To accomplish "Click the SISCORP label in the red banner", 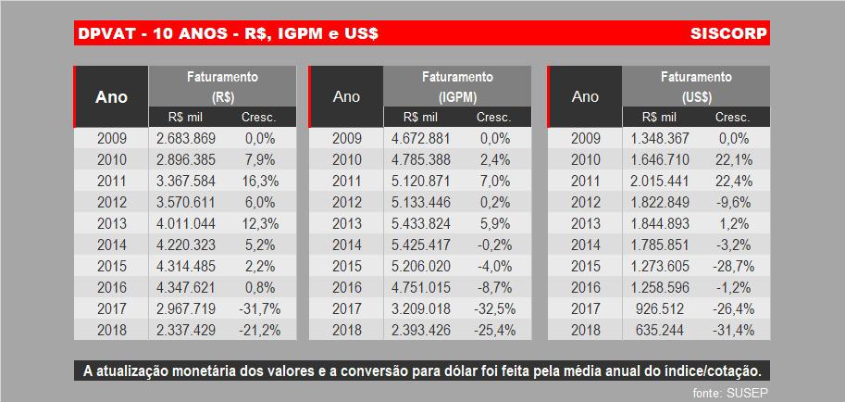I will click(x=728, y=34).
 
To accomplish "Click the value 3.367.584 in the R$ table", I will click(x=186, y=181).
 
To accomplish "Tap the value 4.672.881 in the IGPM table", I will click(x=421, y=138).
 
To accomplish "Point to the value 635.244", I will click(x=660, y=330).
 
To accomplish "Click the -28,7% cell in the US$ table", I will click(x=732, y=266).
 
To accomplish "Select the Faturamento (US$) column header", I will click(x=695, y=86).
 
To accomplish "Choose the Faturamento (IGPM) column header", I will click(x=457, y=86).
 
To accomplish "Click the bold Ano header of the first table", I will click(x=112, y=96).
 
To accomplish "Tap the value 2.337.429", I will click(x=186, y=330).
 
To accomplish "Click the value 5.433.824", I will click(x=421, y=223).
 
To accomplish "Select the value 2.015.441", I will click(x=660, y=181).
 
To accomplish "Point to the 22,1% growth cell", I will click(x=732, y=159).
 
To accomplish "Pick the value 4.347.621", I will click(x=186, y=287).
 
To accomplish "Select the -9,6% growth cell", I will click(x=732, y=202).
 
